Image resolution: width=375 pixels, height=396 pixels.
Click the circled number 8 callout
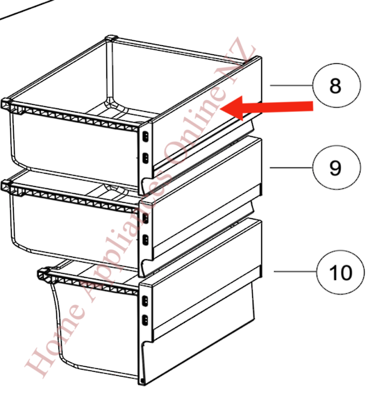point(335,86)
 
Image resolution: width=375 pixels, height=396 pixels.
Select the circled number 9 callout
point(335,168)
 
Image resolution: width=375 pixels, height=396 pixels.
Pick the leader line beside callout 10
point(295,271)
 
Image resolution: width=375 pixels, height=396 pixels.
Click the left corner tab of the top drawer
point(8,105)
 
